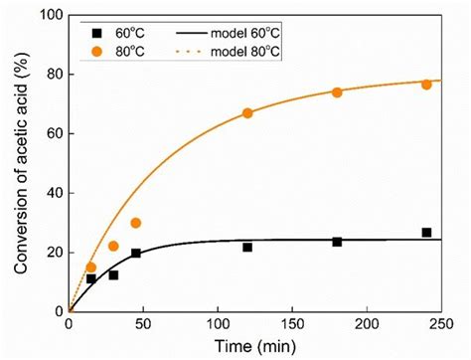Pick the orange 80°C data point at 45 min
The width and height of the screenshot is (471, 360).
click(x=136, y=223)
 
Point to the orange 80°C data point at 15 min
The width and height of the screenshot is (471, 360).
click(x=91, y=268)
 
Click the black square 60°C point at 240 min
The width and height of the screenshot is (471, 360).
click(x=426, y=233)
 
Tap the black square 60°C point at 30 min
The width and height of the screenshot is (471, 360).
click(x=113, y=274)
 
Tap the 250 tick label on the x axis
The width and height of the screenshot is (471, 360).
click(x=441, y=325)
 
